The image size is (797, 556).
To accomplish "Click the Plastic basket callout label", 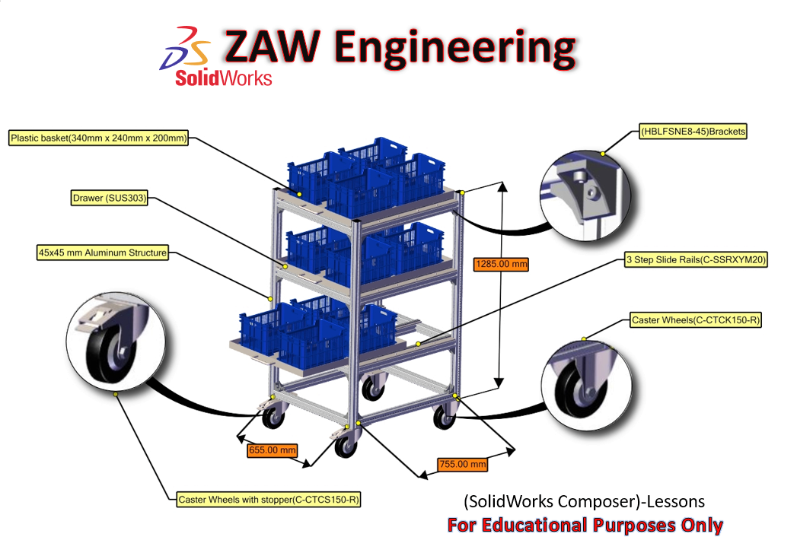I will tap(98, 138).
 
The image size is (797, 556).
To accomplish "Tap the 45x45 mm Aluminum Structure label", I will tap(101, 252).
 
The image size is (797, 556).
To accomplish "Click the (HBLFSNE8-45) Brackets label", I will tap(693, 132).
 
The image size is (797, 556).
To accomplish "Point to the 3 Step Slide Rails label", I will tap(694, 259).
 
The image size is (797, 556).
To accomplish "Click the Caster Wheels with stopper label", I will tap(268, 500).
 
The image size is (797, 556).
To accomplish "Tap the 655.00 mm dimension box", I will tap(273, 450).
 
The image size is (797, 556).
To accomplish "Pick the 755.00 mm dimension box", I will tap(462, 463).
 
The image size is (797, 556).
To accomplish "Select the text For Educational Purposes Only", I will tap(585, 525).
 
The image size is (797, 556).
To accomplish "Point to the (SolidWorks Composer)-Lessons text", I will tap(584, 502).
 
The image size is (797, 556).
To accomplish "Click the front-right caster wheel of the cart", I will tap(443, 416).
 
